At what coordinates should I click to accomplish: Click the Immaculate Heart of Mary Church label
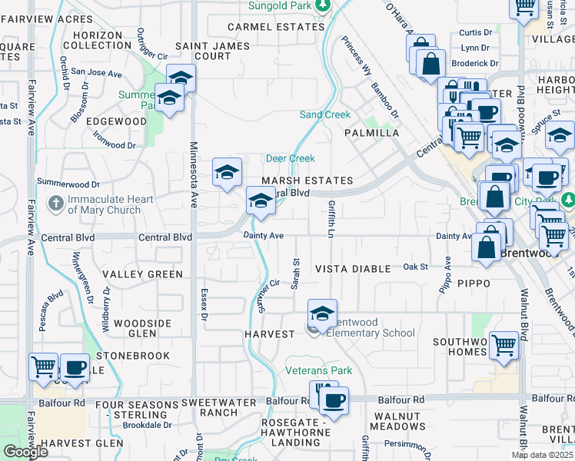pyautogui.click(x=103, y=204)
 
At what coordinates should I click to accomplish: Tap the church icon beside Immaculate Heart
pyautogui.click(x=55, y=204)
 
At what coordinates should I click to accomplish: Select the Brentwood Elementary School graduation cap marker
pyautogui.click(x=323, y=313)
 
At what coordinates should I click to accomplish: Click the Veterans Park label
pyautogui.click(x=319, y=371)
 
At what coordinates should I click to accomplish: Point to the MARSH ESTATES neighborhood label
pyautogui.click(x=307, y=181)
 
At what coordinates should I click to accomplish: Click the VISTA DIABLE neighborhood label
pyautogui.click(x=355, y=268)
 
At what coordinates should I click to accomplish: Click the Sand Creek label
pyautogui.click(x=324, y=114)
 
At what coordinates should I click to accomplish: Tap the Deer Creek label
pyautogui.click(x=290, y=158)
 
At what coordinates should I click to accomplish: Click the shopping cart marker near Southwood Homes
pyautogui.click(x=504, y=346)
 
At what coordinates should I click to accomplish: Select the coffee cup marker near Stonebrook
pyautogui.click(x=74, y=367)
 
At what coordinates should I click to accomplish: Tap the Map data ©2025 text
pyautogui.click(x=542, y=455)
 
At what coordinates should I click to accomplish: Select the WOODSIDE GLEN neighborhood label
pyautogui.click(x=139, y=328)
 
